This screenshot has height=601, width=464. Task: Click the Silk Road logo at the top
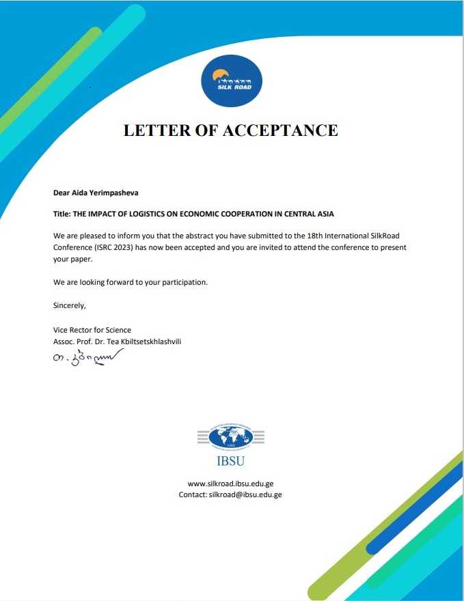(231, 83)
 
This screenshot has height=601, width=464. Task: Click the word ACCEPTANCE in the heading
(280, 130)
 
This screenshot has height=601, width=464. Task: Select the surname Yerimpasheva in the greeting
(113, 194)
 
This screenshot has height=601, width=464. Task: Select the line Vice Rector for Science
(92, 331)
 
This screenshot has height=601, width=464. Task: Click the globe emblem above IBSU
(231, 435)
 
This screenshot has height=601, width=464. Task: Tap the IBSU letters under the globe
(231, 460)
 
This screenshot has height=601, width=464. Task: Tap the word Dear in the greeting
(62, 194)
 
